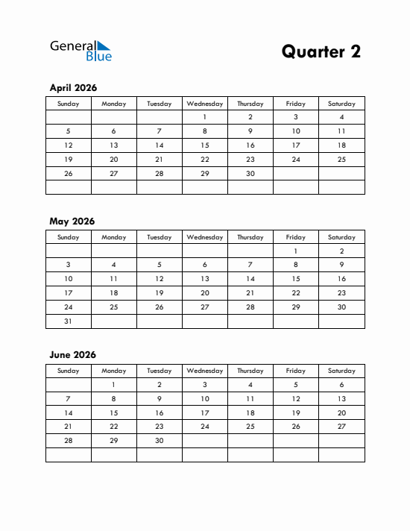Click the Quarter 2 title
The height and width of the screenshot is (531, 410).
[321, 51]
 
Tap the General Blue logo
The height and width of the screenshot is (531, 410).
[81, 50]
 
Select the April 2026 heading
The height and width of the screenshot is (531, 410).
[73, 88]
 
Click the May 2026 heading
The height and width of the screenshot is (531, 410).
[72, 221]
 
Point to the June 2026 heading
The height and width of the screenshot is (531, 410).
[72, 355]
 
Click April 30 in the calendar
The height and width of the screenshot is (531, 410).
[250, 174]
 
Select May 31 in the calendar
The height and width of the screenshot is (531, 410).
[69, 321]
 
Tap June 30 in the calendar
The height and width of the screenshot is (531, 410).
[160, 441]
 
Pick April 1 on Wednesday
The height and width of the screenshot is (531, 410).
[205, 117]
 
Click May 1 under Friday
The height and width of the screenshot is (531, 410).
[296, 251]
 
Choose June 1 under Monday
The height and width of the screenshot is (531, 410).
[114, 385]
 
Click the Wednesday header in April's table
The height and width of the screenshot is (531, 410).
[205, 104]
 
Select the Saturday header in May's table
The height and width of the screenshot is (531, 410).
[341, 237]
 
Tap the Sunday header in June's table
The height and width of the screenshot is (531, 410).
[69, 371]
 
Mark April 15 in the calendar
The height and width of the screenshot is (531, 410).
[205, 145]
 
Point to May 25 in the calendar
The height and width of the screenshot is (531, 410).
[114, 307]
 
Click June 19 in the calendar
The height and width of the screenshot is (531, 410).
[296, 412]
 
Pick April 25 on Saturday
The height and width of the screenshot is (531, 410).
[341, 160]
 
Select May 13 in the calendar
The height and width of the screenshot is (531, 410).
[205, 279]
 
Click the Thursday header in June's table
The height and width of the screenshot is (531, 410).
[250, 371]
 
